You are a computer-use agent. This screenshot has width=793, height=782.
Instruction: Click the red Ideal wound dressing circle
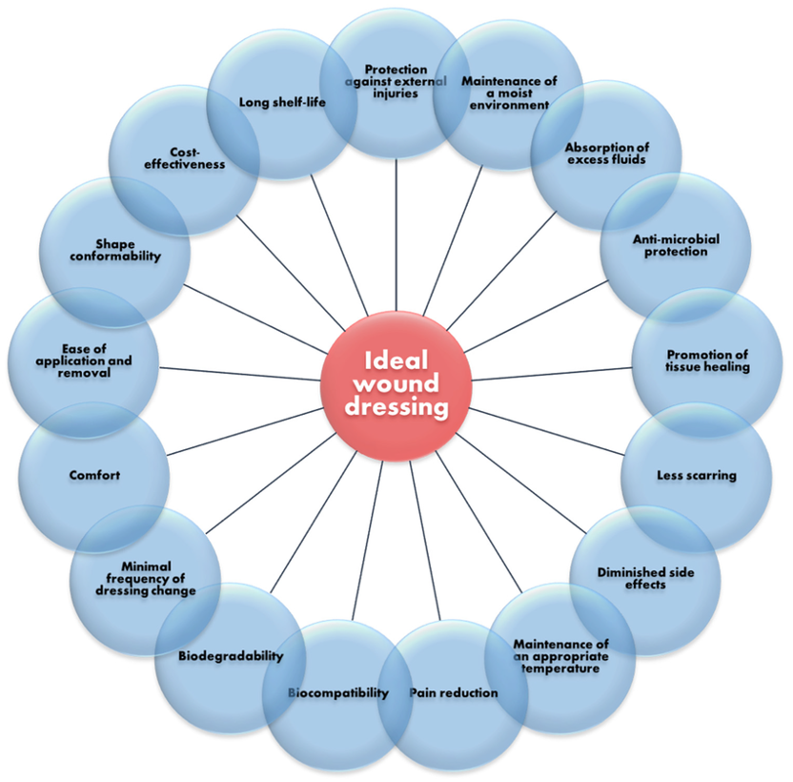coord(396,385)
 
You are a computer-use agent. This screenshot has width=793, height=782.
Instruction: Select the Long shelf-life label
coord(282,102)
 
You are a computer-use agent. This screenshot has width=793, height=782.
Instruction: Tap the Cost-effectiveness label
coord(185,158)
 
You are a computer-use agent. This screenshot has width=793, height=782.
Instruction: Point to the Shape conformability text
coord(115,251)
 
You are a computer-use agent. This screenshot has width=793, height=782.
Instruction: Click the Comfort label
coord(94,475)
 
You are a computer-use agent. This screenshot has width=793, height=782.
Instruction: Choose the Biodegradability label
coord(231,656)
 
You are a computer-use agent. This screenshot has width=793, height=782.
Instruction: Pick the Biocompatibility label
coord(338,693)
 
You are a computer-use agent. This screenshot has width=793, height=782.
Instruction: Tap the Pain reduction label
coord(454,693)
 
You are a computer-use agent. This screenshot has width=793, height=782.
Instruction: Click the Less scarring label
coord(697,475)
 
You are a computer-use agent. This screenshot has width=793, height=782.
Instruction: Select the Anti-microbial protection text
coord(676,245)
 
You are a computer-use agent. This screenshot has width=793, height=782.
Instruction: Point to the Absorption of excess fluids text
coord(607,154)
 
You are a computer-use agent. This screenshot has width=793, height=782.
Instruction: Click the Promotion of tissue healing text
coord(707,360)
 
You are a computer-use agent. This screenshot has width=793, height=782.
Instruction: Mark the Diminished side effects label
coord(645,579)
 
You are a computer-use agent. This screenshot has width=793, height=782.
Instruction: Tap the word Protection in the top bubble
coord(396,70)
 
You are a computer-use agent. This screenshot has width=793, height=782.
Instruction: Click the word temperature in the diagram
coord(560,669)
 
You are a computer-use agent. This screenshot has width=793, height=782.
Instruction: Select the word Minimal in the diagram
coord(146,566)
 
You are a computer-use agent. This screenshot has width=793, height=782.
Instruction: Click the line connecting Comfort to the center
coord(245,432)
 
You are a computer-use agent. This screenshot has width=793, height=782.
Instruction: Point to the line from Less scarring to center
coord(547,431)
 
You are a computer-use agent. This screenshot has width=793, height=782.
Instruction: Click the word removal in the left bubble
coord(84,373)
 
